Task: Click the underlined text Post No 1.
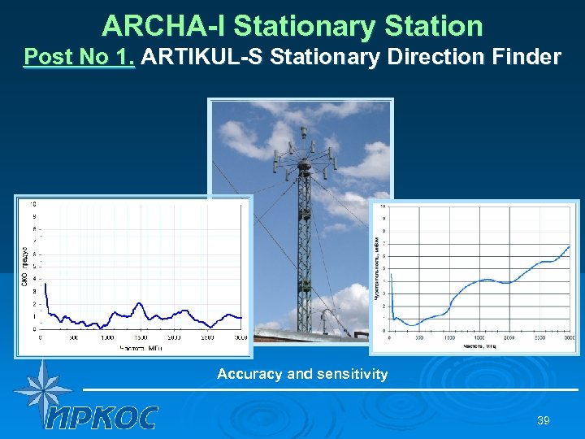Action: tap(80, 58)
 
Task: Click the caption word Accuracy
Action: tap(250, 375)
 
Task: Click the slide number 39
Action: tap(543, 420)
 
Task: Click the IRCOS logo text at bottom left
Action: tap(102, 417)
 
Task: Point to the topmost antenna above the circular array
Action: tap(303, 132)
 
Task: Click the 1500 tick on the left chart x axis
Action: tap(141, 337)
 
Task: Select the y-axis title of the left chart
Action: tap(25, 264)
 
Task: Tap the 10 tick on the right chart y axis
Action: tap(383, 207)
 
